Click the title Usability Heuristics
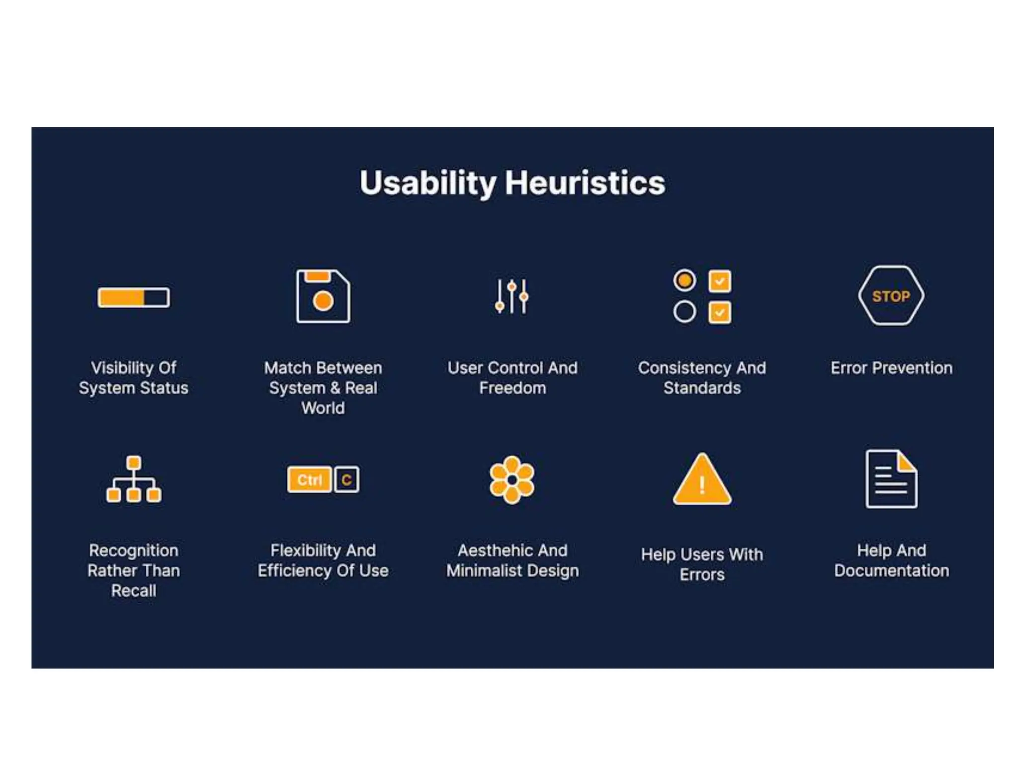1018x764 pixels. [512, 183]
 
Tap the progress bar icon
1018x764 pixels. [134, 297]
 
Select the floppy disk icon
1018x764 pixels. [323, 296]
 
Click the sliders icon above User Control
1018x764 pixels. [512, 296]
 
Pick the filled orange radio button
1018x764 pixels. [684, 281]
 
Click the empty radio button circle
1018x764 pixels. [684, 312]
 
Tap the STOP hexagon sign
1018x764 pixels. [891, 296]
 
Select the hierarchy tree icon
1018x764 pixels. [134, 479]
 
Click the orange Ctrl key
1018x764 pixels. [309, 480]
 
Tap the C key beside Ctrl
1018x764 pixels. [346, 480]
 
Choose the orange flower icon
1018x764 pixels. [512, 480]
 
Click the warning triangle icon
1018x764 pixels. [702, 480]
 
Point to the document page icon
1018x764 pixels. [891, 479]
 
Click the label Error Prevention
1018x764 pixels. [891, 368]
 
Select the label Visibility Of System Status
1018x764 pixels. [134, 378]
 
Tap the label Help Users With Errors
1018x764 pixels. [702, 565]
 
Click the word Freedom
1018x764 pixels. [512, 388]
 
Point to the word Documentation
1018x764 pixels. [891, 571]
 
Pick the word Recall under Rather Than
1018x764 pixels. [134, 591]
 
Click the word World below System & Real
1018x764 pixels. [323, 408]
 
